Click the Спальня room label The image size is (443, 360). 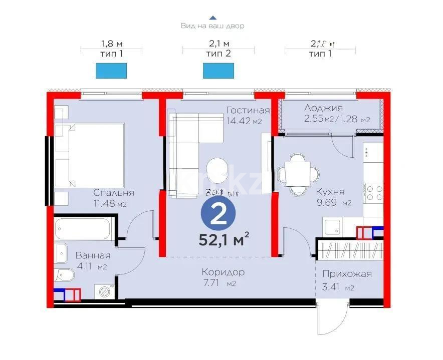[x=114, y=193]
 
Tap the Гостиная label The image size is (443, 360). [x=248, y=111]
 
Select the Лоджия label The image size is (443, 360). [x=323, y=108]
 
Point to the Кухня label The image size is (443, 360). [x=330, y=192]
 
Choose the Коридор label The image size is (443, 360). [x=223, y=272]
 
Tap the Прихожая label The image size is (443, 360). [x=347, y=274]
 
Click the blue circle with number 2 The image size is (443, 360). [x=217, y=215]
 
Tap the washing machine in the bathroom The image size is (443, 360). [x=105, y=291]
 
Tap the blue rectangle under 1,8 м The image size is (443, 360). [x=111, y=71]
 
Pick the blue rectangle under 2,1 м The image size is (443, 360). [x=218, y=71]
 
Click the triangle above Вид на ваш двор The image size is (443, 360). [x=212, y=17]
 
